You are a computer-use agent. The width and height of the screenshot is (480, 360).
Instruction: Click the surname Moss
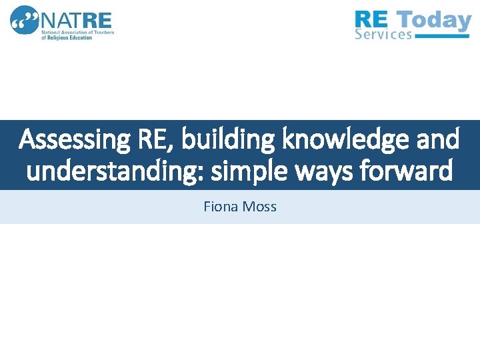pos(259,207)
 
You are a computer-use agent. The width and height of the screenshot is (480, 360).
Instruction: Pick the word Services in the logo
pos(383,35)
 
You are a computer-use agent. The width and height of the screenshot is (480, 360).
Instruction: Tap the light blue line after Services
pos(443,36)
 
